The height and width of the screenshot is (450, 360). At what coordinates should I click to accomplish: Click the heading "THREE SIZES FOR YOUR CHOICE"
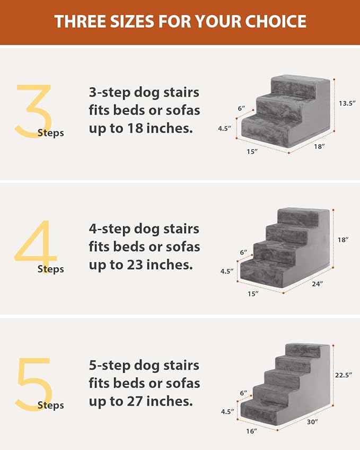[180, 22]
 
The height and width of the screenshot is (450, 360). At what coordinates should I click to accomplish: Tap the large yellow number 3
[33, 111]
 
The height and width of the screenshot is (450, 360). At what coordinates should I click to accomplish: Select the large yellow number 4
[34, 247]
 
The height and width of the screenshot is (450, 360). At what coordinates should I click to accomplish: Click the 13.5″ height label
[346, 103]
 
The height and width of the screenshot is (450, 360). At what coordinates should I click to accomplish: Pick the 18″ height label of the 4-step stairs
[343, 240]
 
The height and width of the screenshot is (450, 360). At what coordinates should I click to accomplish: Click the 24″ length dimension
[318, 284]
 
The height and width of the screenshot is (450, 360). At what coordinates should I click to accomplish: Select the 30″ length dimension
[312, 421]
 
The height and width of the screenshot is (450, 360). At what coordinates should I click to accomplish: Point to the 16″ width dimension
[252, 431]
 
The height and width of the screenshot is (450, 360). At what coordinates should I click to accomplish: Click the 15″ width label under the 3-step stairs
[252, 152]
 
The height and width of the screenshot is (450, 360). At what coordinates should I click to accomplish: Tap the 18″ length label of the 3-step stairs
[319, 146]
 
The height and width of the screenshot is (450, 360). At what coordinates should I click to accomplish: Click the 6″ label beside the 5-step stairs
[244, 393]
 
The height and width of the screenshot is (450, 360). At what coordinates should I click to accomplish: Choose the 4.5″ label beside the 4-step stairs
[227, 271]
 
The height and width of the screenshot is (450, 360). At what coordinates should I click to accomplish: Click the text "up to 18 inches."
[141, 128]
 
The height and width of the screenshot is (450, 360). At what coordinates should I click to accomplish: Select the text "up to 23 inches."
[141, 264]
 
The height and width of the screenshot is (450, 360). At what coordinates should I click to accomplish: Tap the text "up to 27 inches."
[141, 401]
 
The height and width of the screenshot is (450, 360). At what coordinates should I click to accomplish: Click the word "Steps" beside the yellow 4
[50, 269]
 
